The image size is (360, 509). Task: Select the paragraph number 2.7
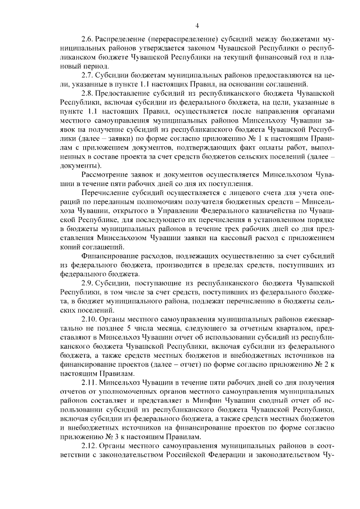[x=88, y=74]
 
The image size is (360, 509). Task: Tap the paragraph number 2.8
[x=88, y=91]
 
